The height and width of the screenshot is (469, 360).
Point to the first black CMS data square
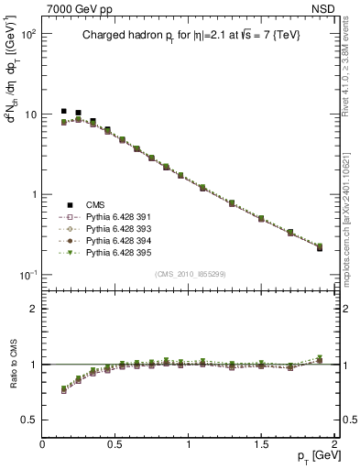coord(64,111)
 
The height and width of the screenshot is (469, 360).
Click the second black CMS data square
coord(79,113)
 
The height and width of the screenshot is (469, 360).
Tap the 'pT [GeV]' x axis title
coord(314,456)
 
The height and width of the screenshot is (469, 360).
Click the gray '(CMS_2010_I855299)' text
coord(189,274)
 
